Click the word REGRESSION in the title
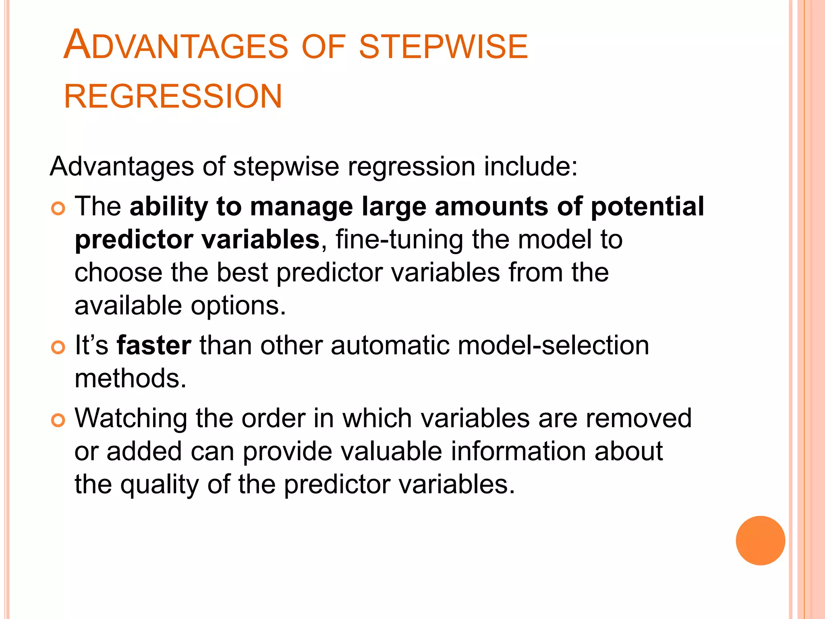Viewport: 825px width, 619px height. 173,97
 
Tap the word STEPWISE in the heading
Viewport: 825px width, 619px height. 443,47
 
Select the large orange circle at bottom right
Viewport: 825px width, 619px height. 760,540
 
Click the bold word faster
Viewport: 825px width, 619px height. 154,346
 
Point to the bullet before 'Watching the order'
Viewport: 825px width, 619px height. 58,420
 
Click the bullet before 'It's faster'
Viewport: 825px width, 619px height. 58,347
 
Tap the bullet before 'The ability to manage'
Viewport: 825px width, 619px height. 58,208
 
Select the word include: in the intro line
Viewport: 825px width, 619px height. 531,166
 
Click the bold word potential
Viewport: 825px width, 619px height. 647,207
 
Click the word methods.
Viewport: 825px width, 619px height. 131,379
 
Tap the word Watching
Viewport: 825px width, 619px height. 131,419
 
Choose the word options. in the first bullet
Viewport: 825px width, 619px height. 238,306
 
